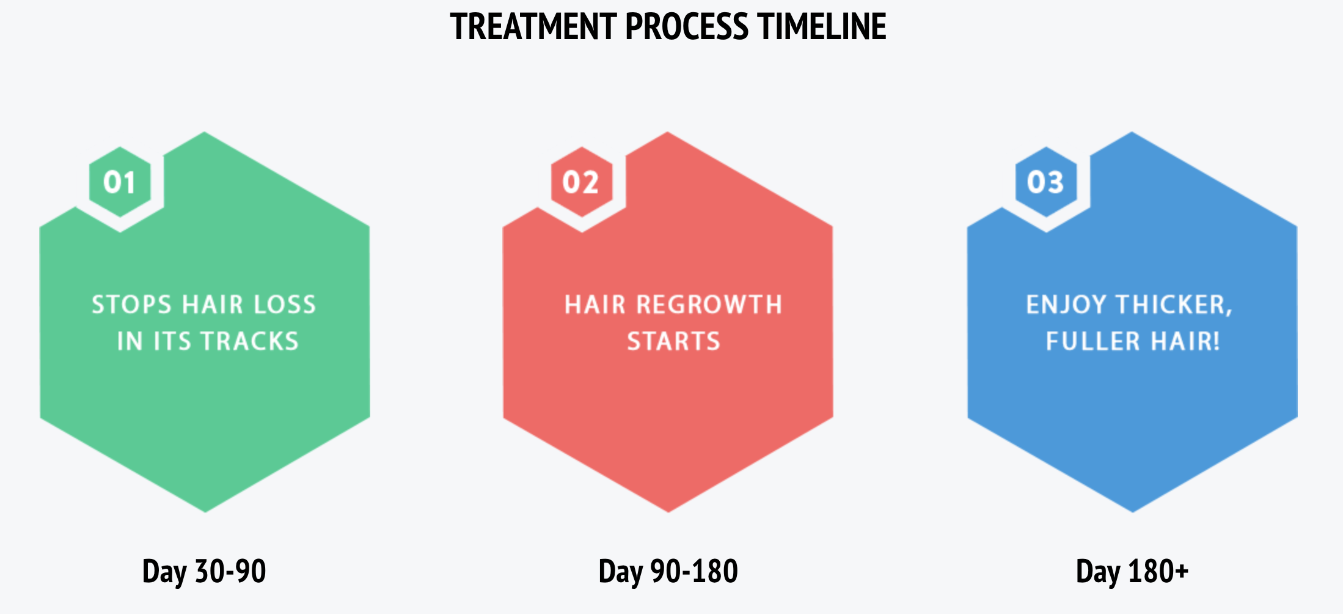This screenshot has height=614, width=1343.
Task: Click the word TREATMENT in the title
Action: [x=533, y=27]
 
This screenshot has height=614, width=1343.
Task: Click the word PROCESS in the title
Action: [x=686, y=27]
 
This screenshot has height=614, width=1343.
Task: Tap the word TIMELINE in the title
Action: [x=822, y=27]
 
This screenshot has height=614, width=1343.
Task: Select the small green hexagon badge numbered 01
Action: [x=120, y=182]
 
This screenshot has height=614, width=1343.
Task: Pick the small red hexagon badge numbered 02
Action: [x=581, y=182]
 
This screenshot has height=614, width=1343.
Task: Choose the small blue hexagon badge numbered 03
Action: [x=1045, y=182]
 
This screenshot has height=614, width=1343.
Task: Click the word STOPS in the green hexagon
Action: [x=131, y=305]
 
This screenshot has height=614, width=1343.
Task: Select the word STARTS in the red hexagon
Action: [x=673, y=341]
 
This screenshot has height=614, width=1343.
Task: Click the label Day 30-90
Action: [x=204, y=571]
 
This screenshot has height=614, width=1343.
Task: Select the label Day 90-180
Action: [x=668, y=571]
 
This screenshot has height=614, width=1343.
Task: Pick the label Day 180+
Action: [x=1132, y=571]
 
